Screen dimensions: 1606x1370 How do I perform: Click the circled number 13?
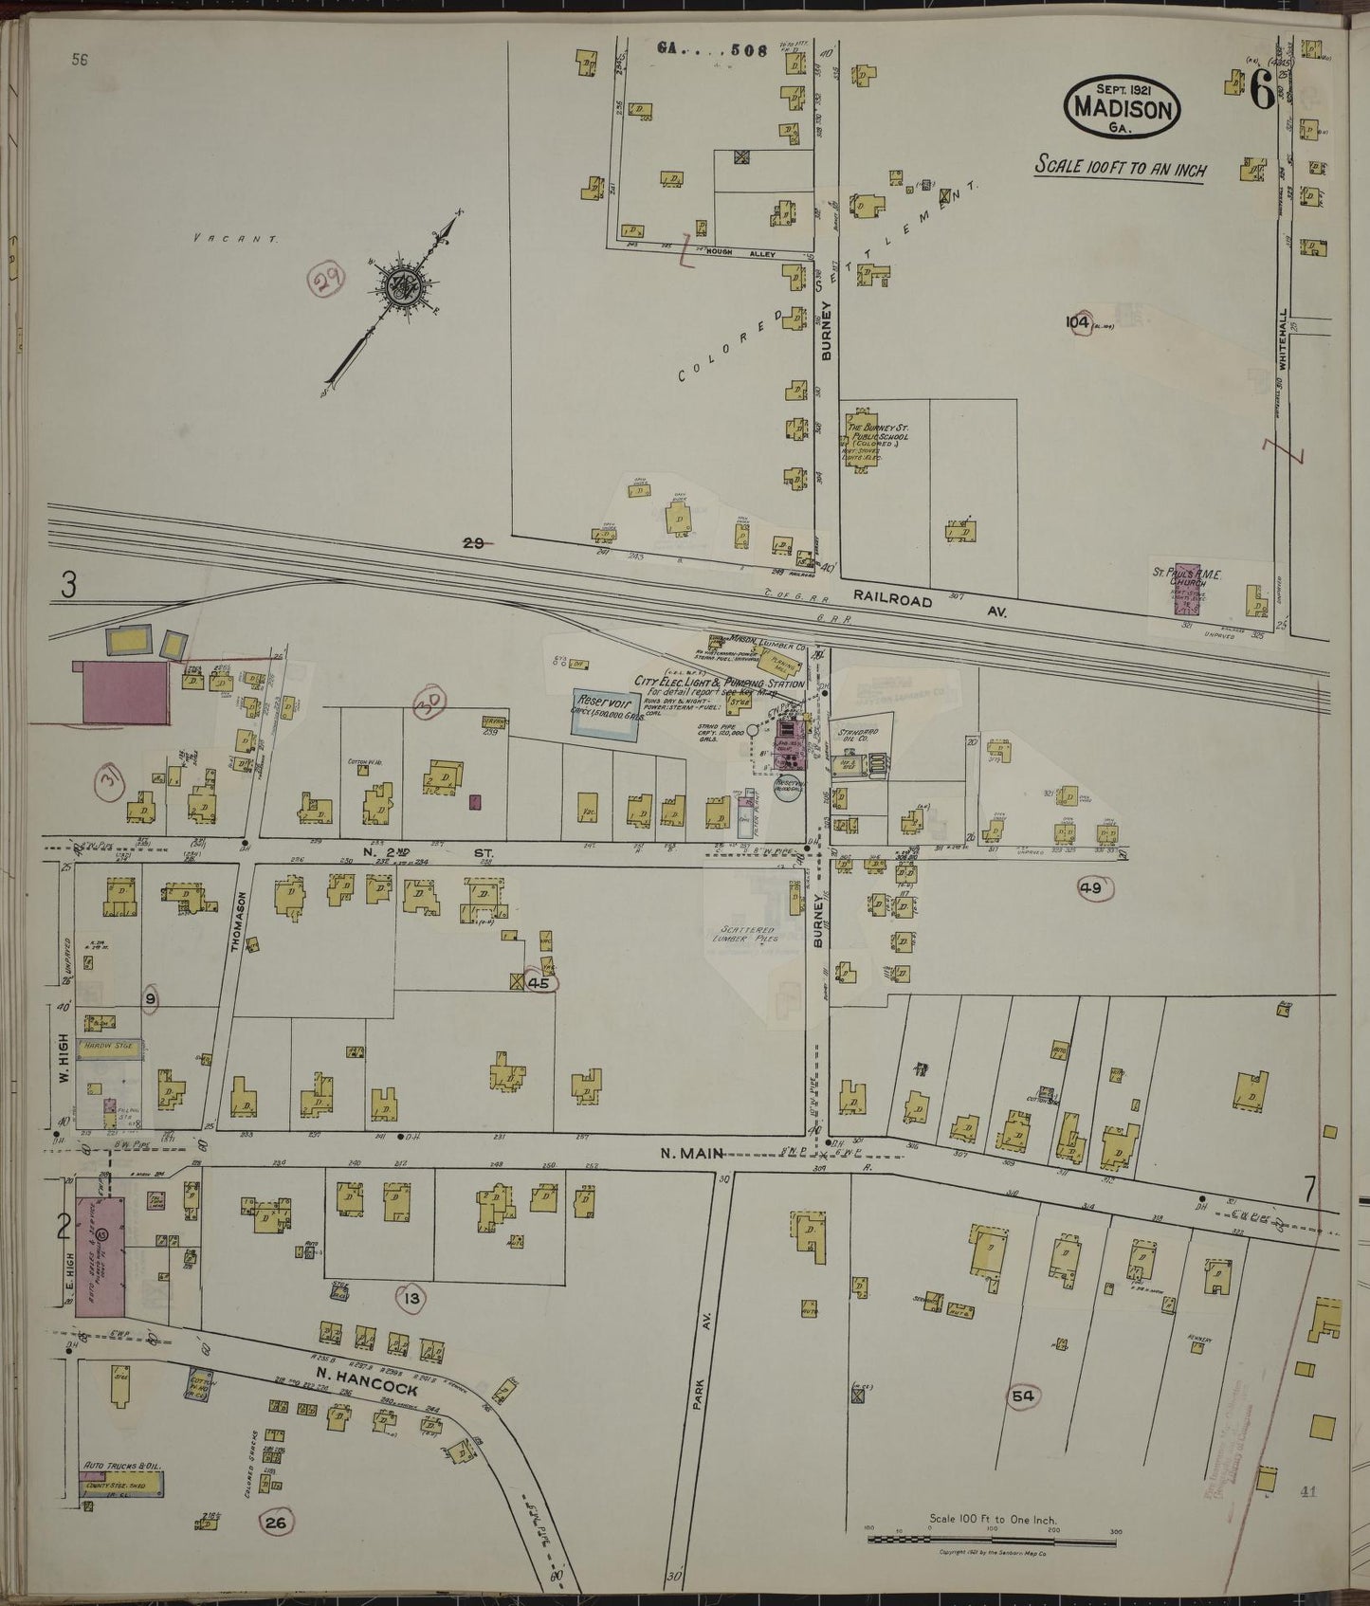tap(411, 1298)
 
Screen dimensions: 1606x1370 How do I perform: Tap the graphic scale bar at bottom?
tap(992, 1538)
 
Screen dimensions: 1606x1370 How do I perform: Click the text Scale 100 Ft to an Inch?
tap(1120, 168)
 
